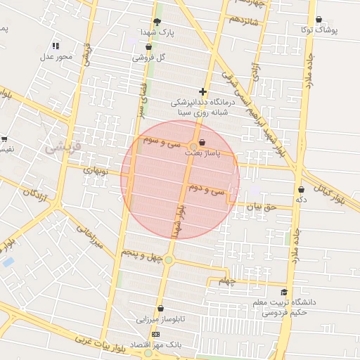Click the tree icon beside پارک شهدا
tap(157, 21)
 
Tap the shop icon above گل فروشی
tap(148, 46)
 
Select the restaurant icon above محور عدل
tap(56, 46)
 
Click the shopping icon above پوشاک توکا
tap(319, 20)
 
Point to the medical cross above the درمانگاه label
tap(203, 91)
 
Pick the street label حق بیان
tap(257, 207)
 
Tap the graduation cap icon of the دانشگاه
tap(284, 292)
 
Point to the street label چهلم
tap(225, 282)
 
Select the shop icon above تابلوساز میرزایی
tap(161, 308)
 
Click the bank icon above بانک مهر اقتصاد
tap(155, 333)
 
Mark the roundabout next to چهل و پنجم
tap(169, 260)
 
